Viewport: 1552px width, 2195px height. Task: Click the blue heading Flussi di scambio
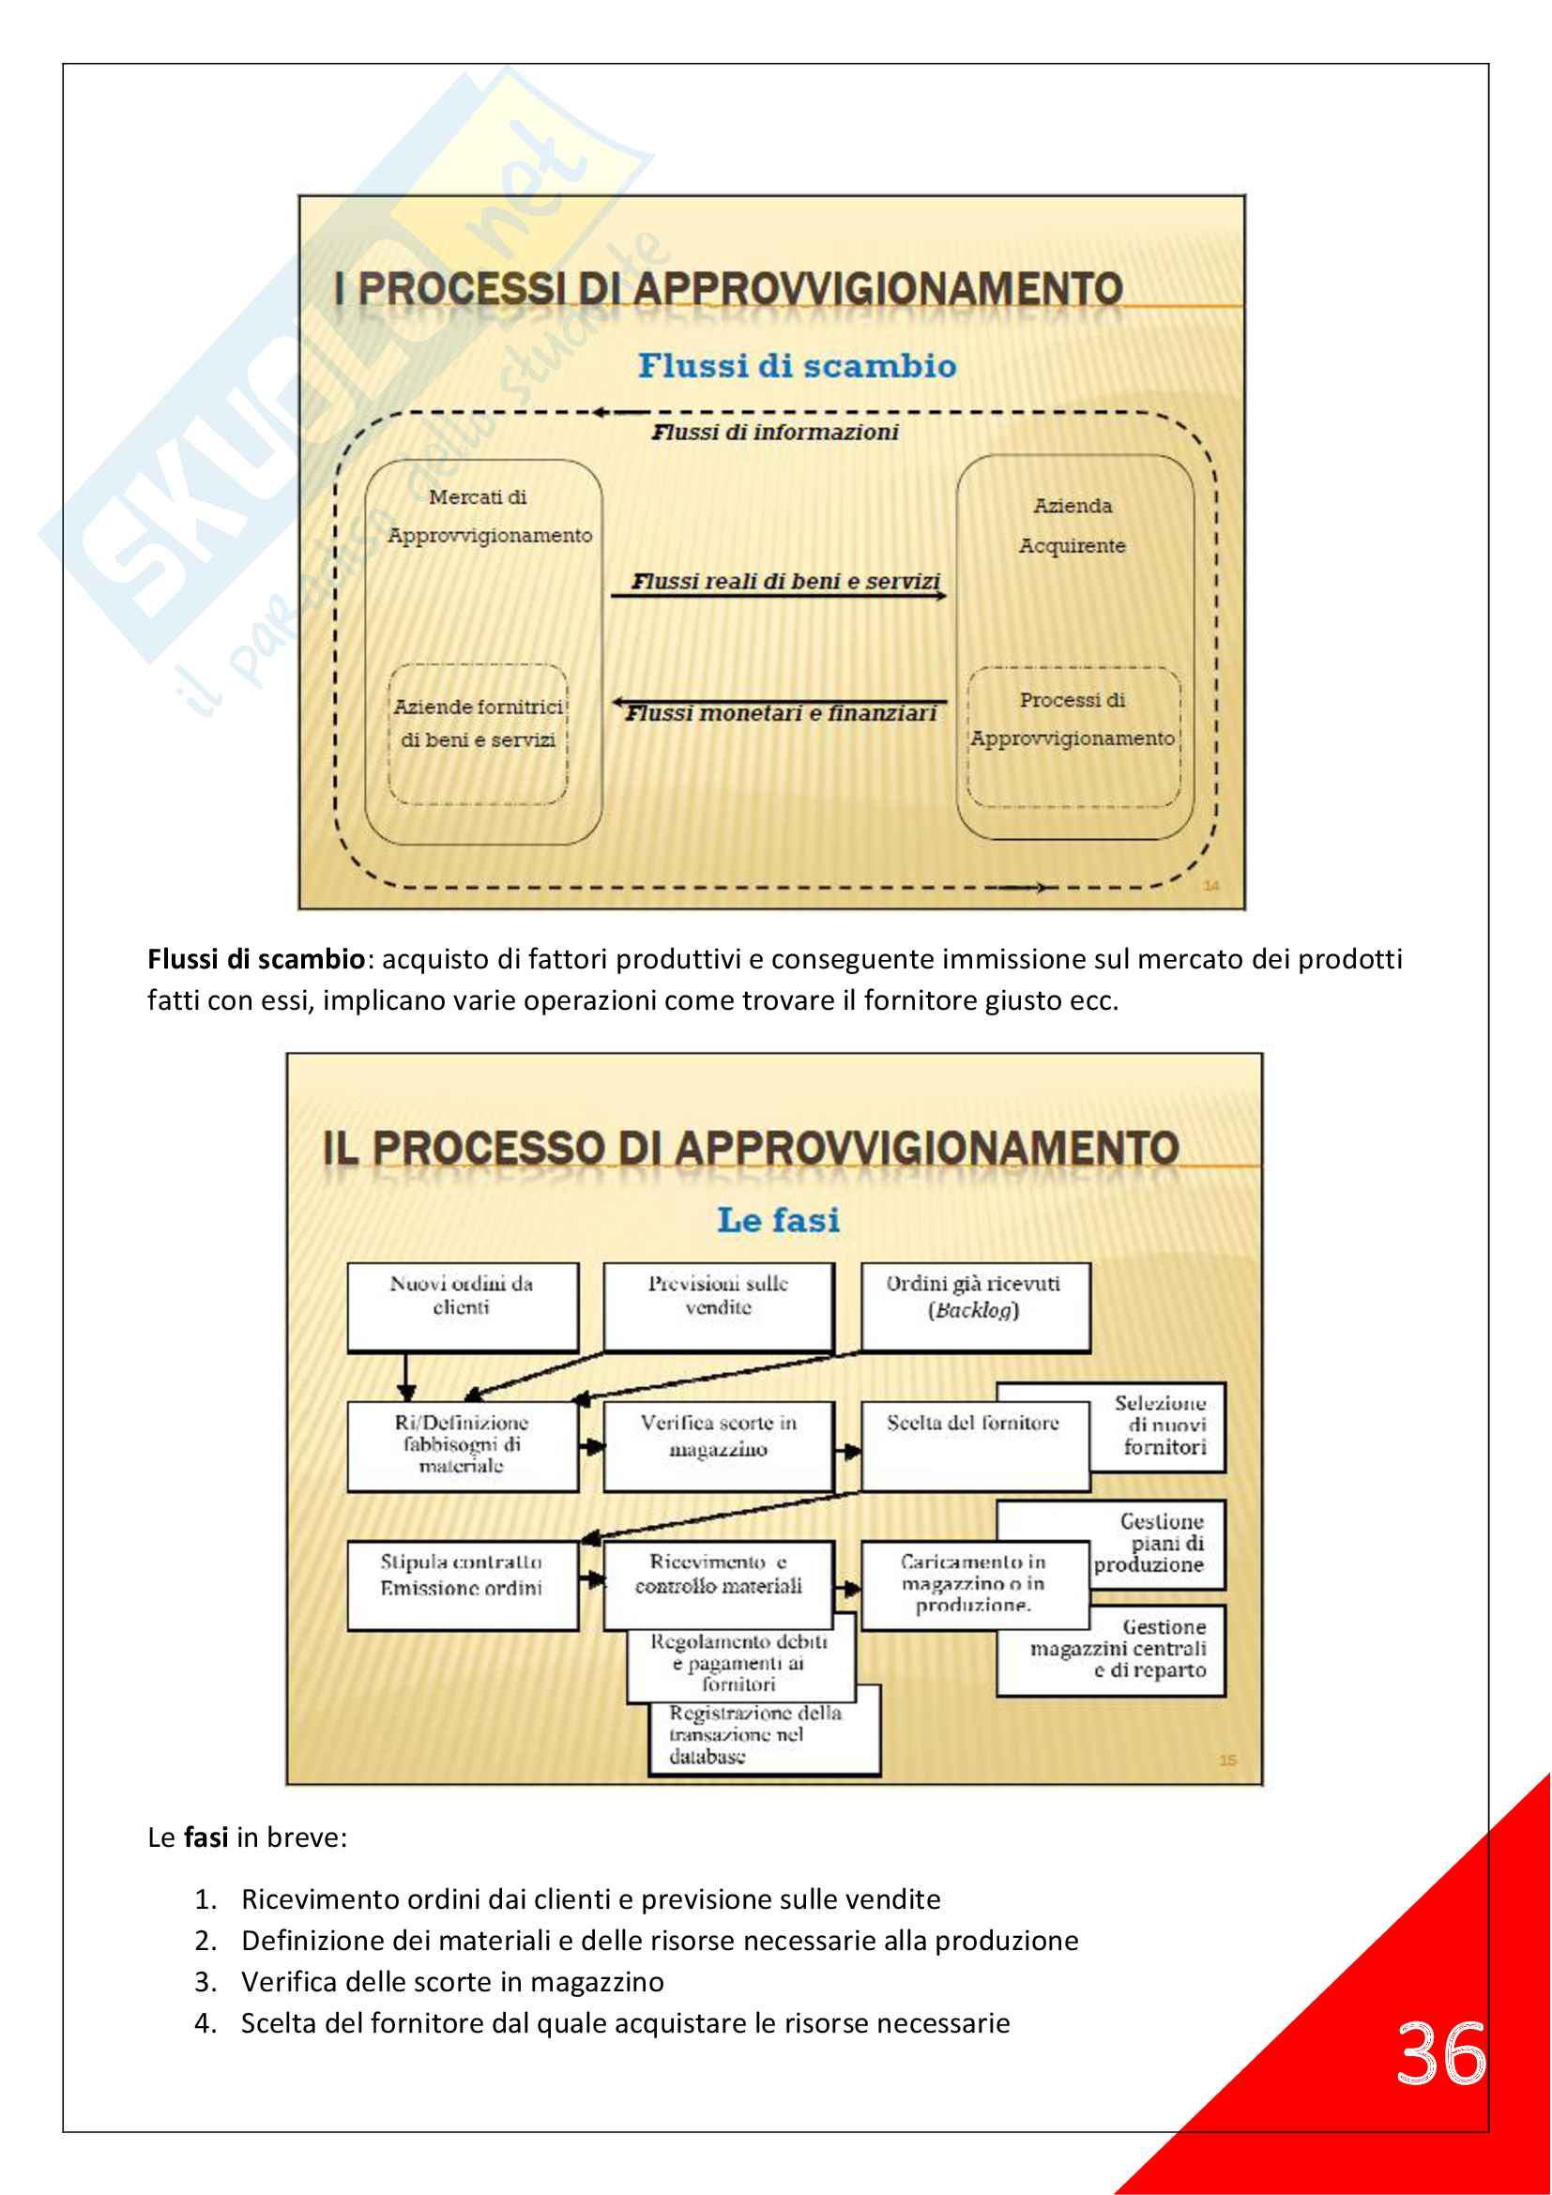[x=797, y=366]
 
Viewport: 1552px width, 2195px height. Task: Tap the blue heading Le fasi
[x=778, y=1220]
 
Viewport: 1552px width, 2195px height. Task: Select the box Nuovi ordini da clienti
[x=462, y=1306]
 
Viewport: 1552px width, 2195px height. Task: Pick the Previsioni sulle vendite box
[x=718, y=1306]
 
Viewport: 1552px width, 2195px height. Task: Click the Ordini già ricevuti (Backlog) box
[x=974, y=1306]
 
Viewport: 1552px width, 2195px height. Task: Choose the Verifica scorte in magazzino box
[x=718, y=1445]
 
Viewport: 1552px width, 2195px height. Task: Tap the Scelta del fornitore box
[x=974, y=1445]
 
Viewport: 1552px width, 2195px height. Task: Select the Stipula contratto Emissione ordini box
[x=462, y=1584]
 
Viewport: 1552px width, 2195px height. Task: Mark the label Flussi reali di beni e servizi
[x=785, y=581]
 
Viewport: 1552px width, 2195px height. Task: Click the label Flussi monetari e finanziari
[x=781, y=713]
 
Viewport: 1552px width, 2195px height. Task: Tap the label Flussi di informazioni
[x=775, y=432]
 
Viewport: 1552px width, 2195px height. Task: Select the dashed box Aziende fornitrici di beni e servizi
[x=477, y=733]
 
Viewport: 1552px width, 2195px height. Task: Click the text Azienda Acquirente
[x=1073, y=525]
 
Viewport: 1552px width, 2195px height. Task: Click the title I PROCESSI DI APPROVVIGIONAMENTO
[x=728, y=289]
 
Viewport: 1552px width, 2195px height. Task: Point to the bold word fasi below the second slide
[x=205, y=1837]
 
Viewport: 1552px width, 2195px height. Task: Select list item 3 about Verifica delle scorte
[x=452, y=1982]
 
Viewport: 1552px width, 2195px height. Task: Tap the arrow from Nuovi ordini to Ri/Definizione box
[x=406, y=1377]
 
